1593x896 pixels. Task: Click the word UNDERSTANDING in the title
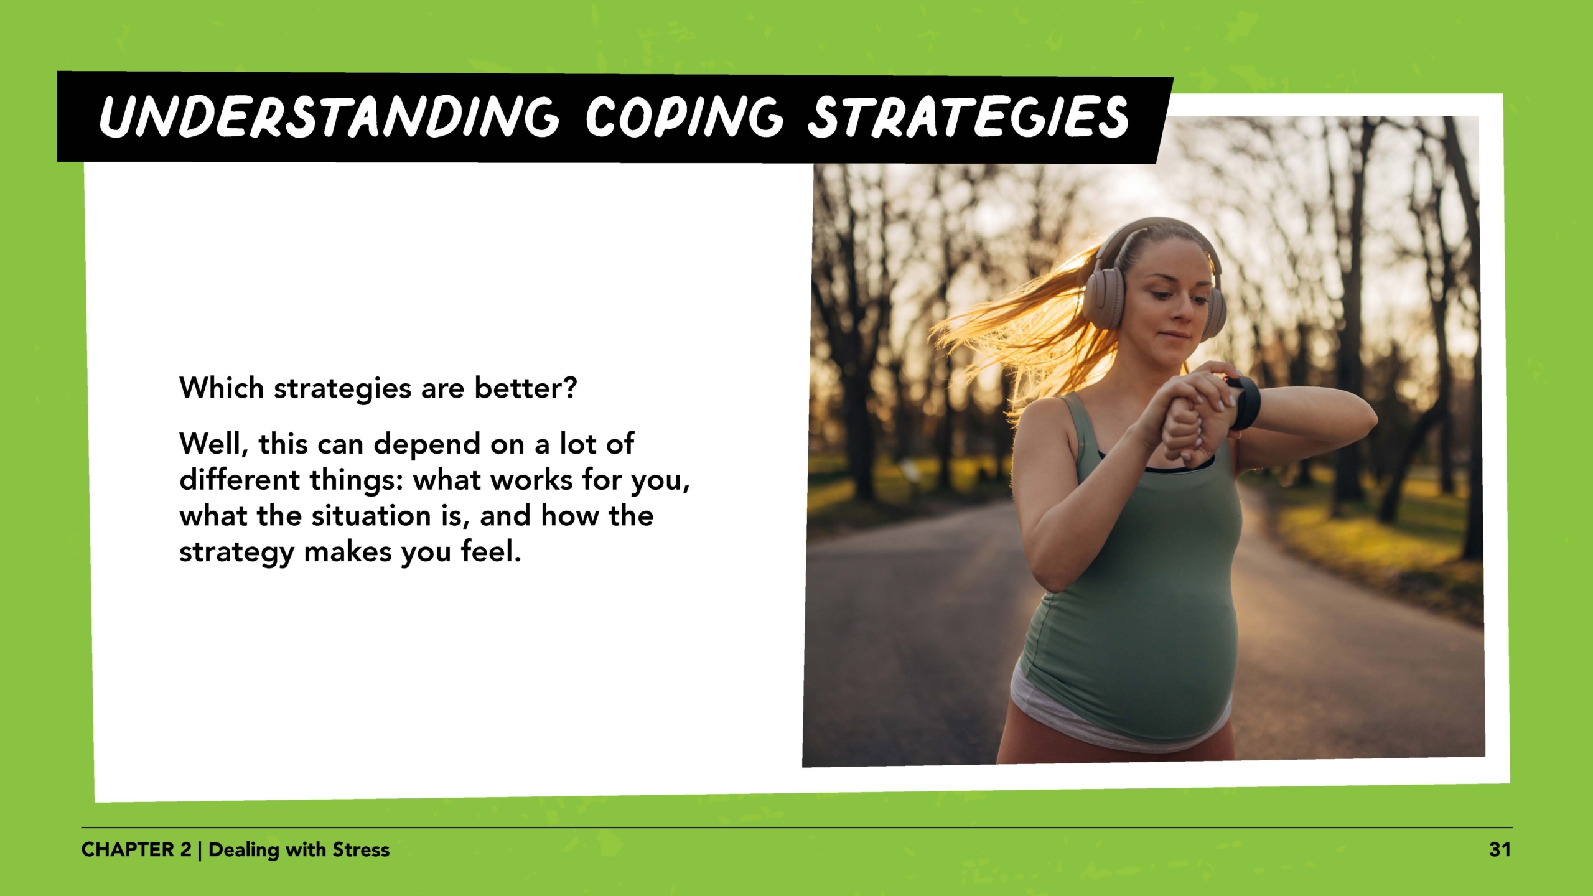pos(329,117)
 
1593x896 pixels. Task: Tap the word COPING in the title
pos(683,117)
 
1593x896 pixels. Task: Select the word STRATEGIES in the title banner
pos(968,117)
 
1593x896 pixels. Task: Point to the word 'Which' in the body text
pos(222,388)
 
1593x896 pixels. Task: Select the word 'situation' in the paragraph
pos(371,516)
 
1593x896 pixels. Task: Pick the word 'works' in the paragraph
pos(531,480)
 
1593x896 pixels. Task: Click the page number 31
pos(1499,850)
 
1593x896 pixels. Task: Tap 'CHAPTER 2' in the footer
pos(136,850)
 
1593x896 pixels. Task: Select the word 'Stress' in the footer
pos(361,850)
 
